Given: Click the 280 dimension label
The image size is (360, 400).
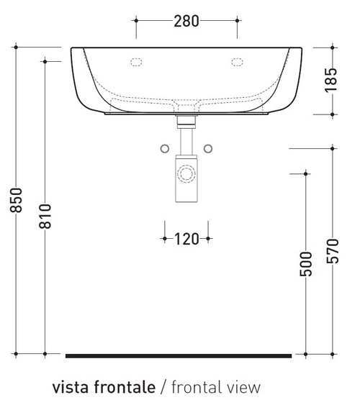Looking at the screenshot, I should pos(186,21).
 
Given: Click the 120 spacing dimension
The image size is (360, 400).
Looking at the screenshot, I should pos(186,239).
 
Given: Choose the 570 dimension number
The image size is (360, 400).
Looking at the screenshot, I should pos(331,252).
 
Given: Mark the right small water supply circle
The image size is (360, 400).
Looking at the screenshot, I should pos(209,148).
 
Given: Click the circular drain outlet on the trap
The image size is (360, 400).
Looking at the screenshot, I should pos(186,173).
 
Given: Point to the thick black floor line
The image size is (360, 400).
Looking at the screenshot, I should pos(179,355).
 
